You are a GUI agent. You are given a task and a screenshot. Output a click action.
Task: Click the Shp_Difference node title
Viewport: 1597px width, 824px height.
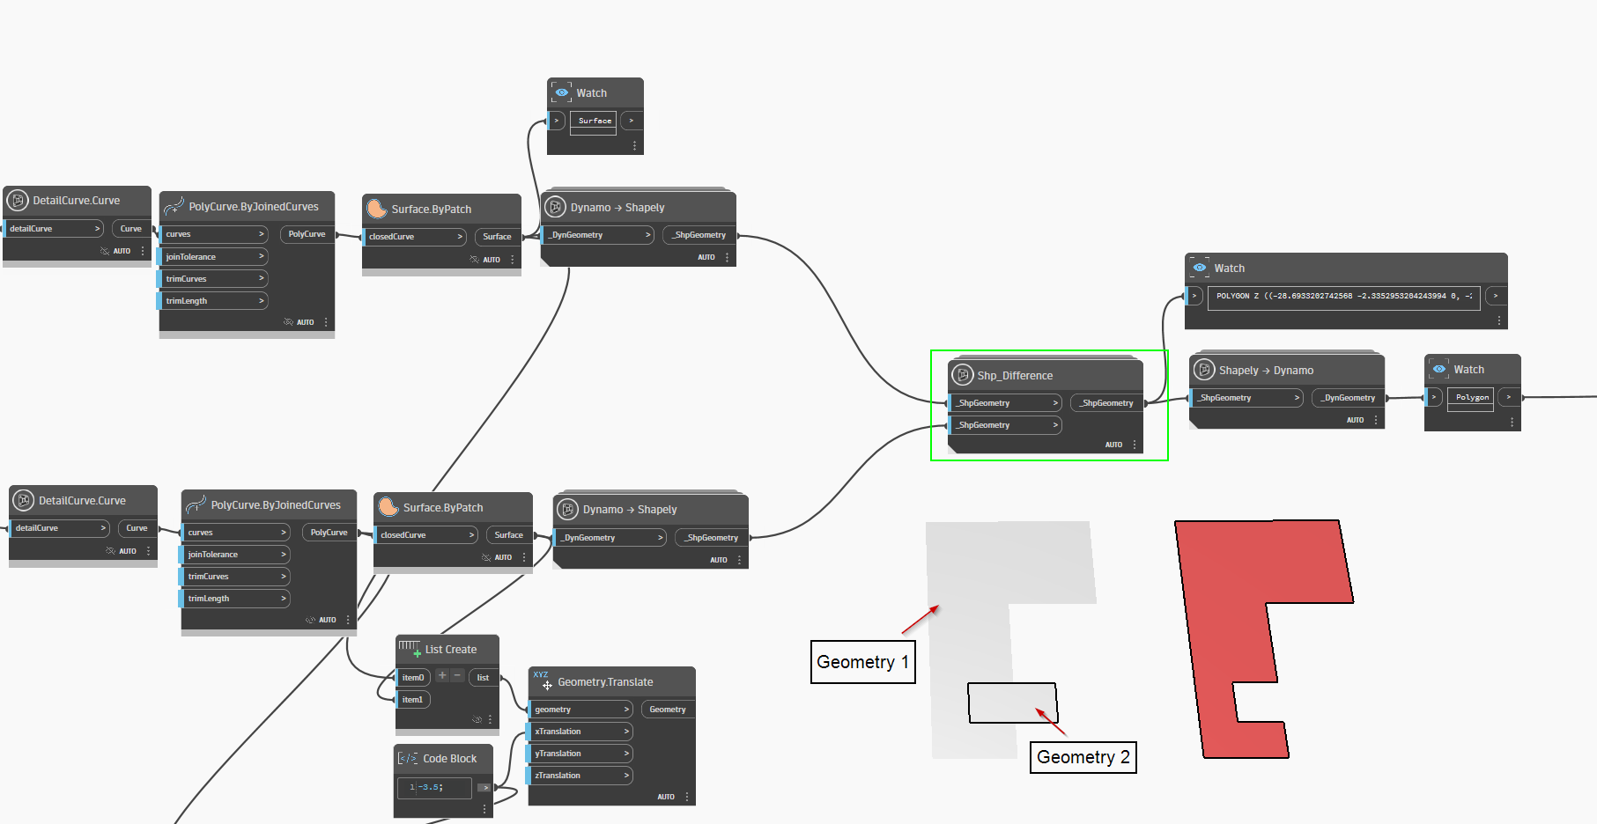1015,376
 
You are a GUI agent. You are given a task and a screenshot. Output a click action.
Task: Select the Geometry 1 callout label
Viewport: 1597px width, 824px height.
862,662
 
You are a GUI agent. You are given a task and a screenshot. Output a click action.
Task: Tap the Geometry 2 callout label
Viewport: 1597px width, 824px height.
1083,757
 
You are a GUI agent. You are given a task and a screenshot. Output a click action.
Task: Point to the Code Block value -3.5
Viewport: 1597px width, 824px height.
432,787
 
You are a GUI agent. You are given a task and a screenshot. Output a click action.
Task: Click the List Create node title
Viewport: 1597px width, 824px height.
450,650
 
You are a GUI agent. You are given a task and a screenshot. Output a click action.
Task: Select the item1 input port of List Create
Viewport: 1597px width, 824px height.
412,700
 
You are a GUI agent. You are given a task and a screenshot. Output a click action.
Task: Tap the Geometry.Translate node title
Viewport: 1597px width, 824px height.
605,682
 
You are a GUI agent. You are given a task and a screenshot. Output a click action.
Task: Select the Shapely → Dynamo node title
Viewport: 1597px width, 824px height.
1266,371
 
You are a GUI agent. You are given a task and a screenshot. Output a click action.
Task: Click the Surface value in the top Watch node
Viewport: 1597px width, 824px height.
595,121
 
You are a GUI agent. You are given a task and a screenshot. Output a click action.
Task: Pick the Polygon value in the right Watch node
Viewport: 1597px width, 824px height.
1472,398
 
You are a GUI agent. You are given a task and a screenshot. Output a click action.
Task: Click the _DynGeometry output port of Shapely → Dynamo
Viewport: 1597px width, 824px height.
1348,398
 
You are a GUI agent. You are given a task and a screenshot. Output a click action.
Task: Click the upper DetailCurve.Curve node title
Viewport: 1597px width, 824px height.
76,201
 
